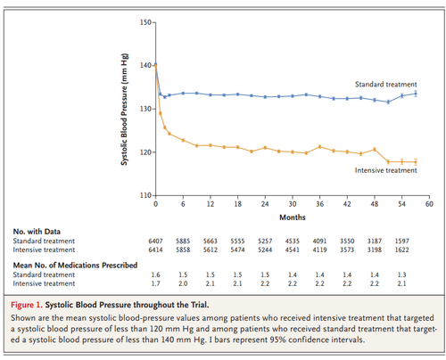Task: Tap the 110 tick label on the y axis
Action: (146, 194)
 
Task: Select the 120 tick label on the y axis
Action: (146, 151)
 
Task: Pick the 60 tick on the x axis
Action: (429, 204)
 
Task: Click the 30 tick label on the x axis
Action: (292, 204)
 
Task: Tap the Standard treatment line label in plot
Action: (384, 84)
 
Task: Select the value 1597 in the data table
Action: (402, 240)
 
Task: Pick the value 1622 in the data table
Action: (402, 250)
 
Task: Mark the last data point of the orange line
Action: (416, 161)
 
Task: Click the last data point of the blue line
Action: (416, 94)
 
